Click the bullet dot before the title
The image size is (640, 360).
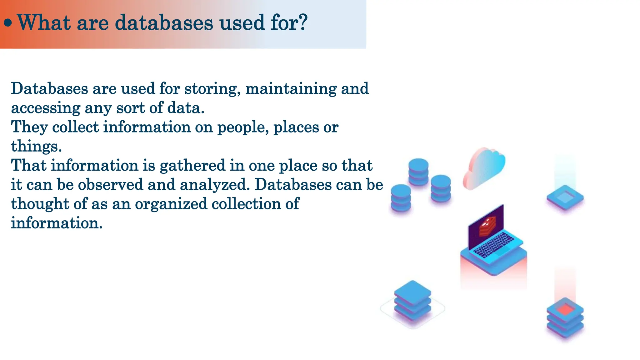8,23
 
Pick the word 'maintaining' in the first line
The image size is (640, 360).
291,89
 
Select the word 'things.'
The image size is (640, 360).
36,147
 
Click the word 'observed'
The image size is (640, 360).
110,185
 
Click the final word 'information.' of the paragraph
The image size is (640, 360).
57,223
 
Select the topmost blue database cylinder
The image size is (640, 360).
418,171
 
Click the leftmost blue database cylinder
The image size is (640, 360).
401,197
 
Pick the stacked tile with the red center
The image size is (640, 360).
565,317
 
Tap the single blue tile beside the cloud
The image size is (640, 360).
565,197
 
